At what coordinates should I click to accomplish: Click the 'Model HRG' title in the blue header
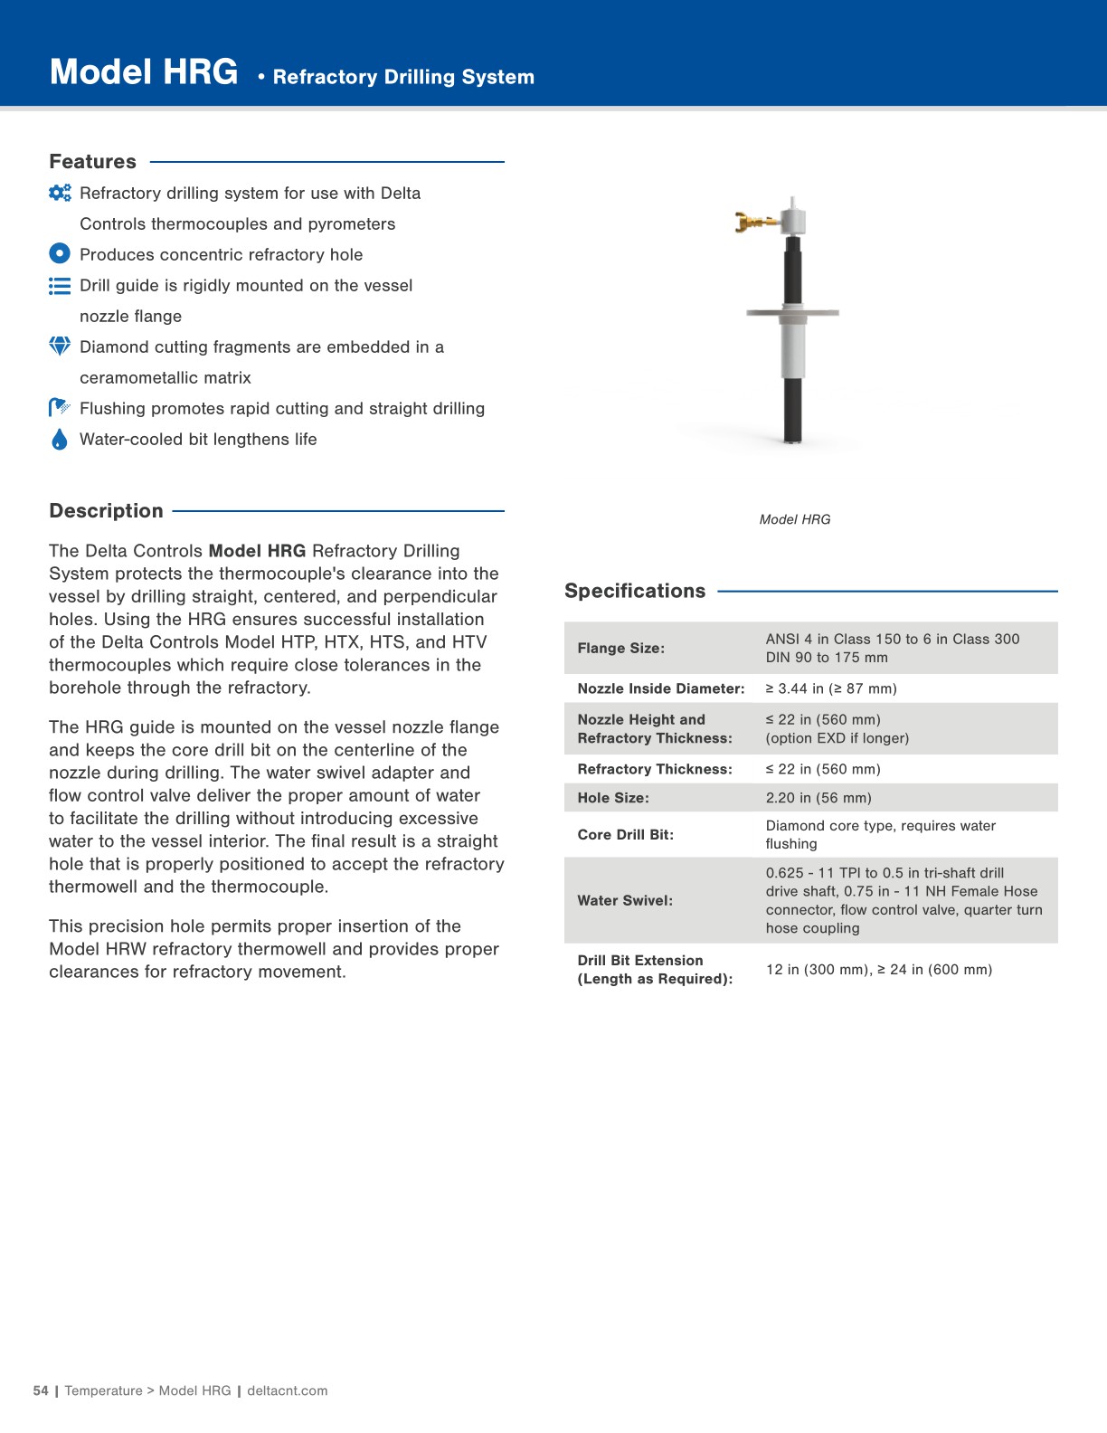[144, 72]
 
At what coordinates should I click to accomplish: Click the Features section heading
[92, 162]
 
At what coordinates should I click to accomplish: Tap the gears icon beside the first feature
[60, 193]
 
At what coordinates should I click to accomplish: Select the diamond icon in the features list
[60, 346]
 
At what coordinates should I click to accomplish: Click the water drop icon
[60, 440]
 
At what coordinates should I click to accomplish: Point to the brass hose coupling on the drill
[752, 221]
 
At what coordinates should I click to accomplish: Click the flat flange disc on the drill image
[792, 313]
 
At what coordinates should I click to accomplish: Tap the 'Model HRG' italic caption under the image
[794, 519]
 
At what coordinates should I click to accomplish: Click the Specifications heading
[635, 591]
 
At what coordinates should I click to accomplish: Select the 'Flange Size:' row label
[620, 648]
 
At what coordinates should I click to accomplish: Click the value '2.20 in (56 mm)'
[818, 798]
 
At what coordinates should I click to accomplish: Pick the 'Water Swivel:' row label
[625, 900]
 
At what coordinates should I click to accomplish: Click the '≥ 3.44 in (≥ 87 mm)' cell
[831, 688]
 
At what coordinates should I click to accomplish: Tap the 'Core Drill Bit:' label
[625, 834]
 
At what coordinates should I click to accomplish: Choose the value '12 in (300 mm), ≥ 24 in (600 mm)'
[878, 970]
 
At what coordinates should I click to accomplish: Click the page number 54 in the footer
[41, 1390]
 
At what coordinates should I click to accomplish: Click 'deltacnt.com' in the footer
[288, 1390]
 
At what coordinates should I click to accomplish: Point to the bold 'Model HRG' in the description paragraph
[257, 551]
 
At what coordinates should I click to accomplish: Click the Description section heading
[106, 511]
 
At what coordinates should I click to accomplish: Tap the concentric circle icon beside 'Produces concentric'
[60, 254]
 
